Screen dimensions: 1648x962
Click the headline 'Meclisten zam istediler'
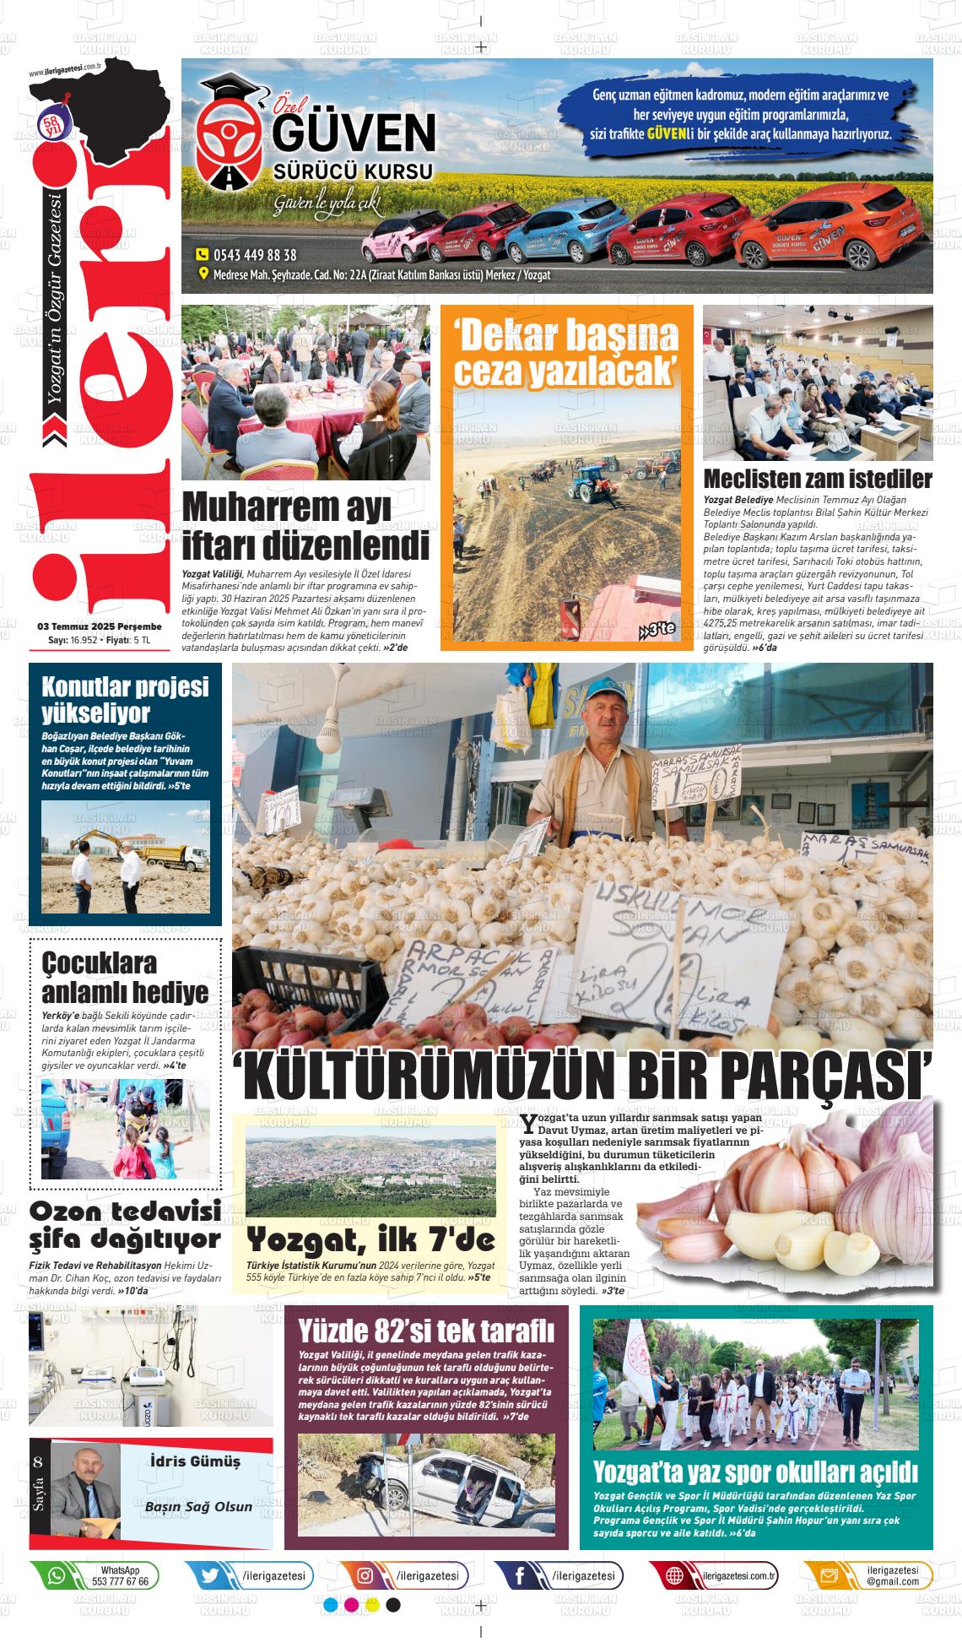(x=817, y=479)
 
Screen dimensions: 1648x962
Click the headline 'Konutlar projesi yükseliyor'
(x=125, y=699)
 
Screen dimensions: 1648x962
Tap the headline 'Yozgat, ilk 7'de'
(x=370, y=1239)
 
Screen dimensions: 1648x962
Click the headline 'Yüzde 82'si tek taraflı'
(x=427, y=1331)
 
